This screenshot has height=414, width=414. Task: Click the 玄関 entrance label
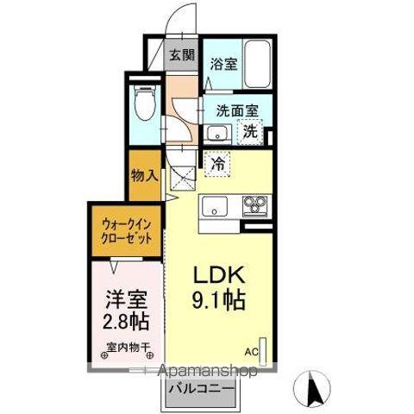pos(181,56)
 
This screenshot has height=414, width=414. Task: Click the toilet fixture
pos(144,105)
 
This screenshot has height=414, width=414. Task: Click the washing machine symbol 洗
pos(249,132)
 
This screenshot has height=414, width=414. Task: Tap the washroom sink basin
pos(217,133)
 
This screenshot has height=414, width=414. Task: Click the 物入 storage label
pos(143,175)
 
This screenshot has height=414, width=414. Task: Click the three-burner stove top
pos(254,205)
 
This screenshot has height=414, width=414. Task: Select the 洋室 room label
pos(124,301)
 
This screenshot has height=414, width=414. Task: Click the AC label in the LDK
pos(251,352)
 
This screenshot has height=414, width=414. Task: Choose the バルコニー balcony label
pos(199,389)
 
